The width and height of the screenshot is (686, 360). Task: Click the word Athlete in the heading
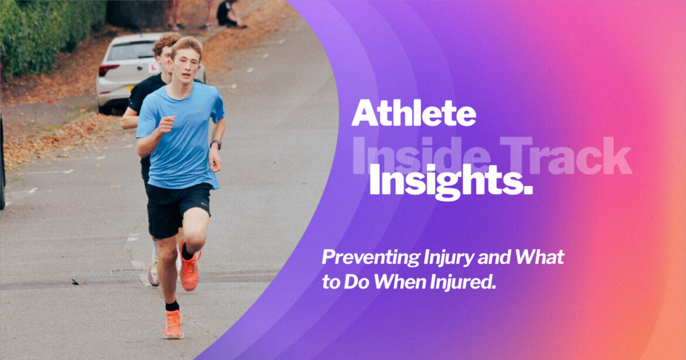[413, 113]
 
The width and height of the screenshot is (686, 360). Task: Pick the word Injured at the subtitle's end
[466, 283]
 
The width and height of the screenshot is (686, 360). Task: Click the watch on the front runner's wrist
[216, 144]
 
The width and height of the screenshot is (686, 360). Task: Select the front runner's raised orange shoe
[189, 269]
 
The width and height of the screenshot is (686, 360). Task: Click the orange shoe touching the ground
[173, 325]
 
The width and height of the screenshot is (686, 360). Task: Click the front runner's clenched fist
[167, 124]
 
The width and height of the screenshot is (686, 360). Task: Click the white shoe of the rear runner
[154, 273]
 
